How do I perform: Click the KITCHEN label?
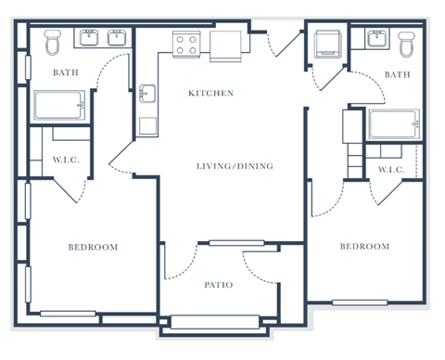210,93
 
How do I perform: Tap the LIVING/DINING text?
235,166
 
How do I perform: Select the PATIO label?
219,285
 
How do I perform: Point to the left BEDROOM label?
93,247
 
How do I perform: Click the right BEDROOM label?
364,246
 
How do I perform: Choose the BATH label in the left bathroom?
66,72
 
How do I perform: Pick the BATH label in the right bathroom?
397,74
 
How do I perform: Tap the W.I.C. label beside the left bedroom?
67,161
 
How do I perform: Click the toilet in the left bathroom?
53,42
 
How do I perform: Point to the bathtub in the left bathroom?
61,106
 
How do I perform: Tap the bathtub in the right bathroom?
393,124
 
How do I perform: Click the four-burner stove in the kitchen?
186,42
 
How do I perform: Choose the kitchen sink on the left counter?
148,94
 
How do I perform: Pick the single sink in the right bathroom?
377,38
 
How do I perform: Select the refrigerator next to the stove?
227,45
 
